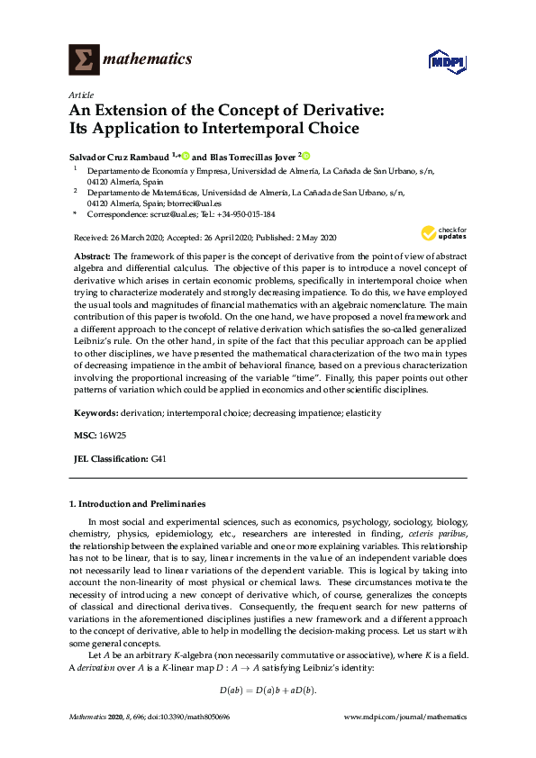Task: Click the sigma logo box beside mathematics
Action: tap(84, 60)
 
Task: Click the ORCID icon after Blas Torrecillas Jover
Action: tap(305, 155)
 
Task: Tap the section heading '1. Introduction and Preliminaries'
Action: tap(137, 504)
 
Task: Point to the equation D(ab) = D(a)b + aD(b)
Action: tap(268, 690)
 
